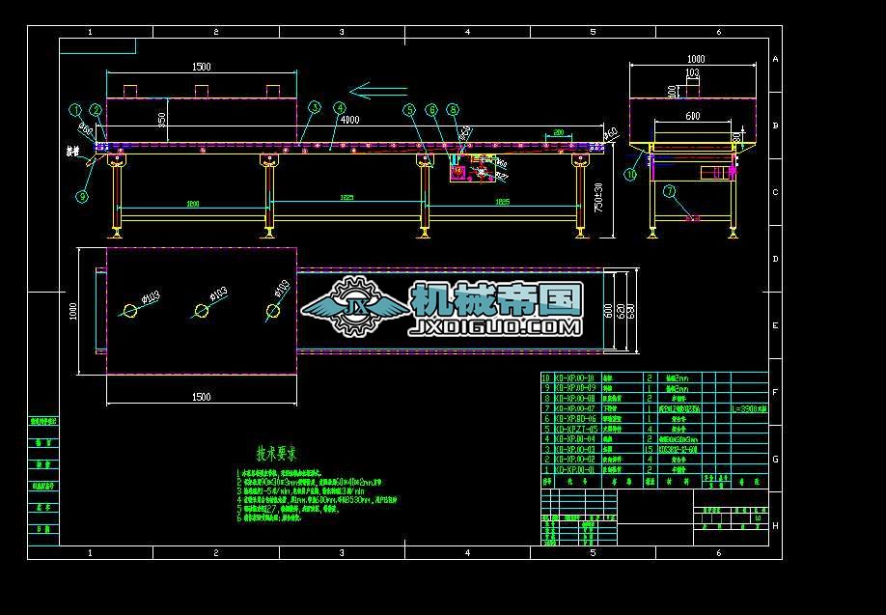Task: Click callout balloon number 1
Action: (x=74, y=110)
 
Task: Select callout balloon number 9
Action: (x=82, y=196)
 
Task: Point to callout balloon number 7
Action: (x=670, y=191)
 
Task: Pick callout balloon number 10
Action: (x=630, y=175)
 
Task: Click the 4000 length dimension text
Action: (x=350, y=120)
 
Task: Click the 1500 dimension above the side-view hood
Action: (x=201, y=67)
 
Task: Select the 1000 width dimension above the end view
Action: (x=695, y=59)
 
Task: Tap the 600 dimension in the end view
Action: (x=693, y=116)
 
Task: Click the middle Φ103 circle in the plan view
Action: (x=202, y=310)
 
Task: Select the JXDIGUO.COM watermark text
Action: (x=495, y=328)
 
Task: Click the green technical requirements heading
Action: (x=276, y=452)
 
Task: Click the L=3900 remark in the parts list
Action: (x=749, y=408)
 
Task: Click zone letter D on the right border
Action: (x=775, y=259)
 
